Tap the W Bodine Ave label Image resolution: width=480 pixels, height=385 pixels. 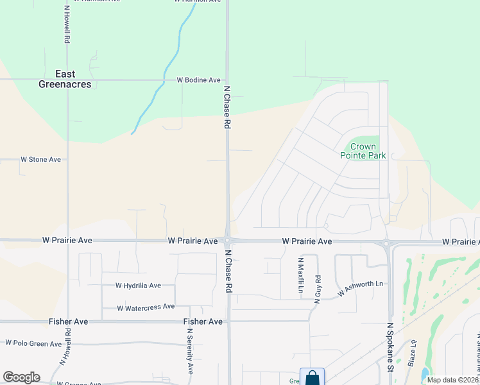tap(199, 80)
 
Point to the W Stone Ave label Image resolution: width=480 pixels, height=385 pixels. tap(40, 159)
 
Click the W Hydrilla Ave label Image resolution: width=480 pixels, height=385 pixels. tap(138, 286)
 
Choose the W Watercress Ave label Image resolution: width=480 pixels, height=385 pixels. tap(146, 307)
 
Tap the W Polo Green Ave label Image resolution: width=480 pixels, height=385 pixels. tap(33, 344)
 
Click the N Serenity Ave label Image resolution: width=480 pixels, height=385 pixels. tap(190, 351)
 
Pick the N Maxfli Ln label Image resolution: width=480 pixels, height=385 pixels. tap(300, 276)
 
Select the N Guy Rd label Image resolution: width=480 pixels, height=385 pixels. tap(317, 289)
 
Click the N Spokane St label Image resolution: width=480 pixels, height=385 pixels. tap(390, 346)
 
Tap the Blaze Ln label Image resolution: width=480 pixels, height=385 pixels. tap(412, 353)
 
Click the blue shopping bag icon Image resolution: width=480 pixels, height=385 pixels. tap(312, 377)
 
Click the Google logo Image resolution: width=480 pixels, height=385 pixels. tap(21, 377)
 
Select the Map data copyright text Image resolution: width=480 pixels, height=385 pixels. tap(452, 380)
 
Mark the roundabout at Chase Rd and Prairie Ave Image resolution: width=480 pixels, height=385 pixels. tap(228, 241)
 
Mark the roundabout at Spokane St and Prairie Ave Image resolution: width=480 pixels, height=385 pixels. tap(387, 243)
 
